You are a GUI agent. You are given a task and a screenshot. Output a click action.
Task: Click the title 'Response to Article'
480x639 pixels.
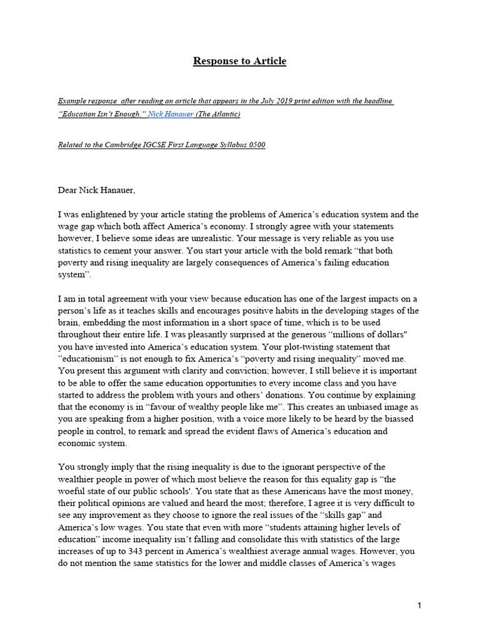coord(239,61)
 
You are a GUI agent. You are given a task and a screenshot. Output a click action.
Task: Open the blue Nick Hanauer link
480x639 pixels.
coord(170,114)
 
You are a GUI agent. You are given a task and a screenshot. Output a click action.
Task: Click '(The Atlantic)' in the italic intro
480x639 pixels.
coord(218,114)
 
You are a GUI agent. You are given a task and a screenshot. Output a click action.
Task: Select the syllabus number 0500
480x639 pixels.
coord(255,145)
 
